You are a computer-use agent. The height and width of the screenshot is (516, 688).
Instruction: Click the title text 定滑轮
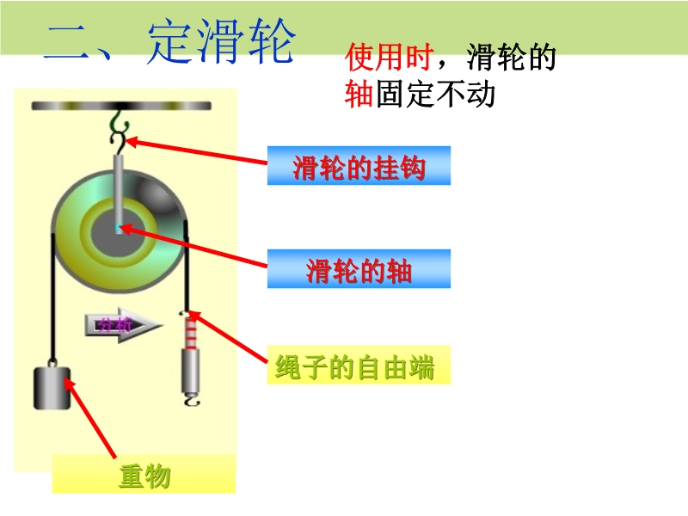point(221,44)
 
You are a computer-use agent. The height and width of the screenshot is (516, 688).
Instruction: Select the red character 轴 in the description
point(358,94)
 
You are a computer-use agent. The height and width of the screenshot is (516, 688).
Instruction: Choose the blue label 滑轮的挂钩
point(359,167)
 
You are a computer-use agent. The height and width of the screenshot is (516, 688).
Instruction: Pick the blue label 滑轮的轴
point(359,270)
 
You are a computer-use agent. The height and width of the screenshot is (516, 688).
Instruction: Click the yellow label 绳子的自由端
point(355,368)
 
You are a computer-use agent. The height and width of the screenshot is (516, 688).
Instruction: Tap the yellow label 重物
point(144,475)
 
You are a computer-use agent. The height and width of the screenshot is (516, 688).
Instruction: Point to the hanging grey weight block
point(52,388)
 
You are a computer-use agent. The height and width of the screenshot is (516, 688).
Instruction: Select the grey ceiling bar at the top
point(121,106)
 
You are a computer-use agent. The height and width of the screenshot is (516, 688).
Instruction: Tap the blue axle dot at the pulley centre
point(119,228)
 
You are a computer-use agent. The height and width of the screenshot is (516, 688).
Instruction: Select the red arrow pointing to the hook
point(198,152)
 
